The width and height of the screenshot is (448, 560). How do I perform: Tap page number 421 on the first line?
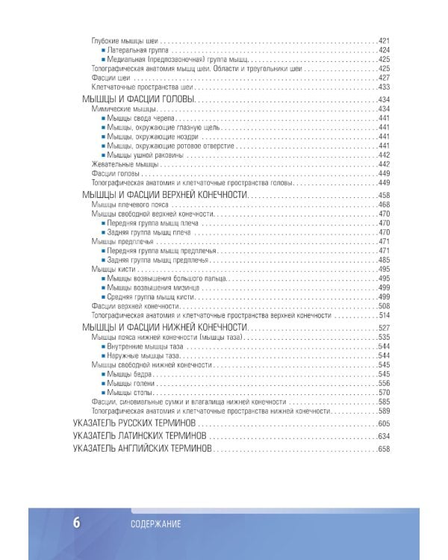tap(385, 40)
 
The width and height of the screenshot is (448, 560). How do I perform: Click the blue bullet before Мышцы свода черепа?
tap(102, 118)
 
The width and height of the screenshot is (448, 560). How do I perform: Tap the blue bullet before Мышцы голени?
tap(102, 382)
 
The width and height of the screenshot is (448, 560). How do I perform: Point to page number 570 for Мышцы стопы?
tap(385, 392)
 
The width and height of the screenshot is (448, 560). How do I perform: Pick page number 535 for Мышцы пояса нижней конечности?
tap(385, 337)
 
